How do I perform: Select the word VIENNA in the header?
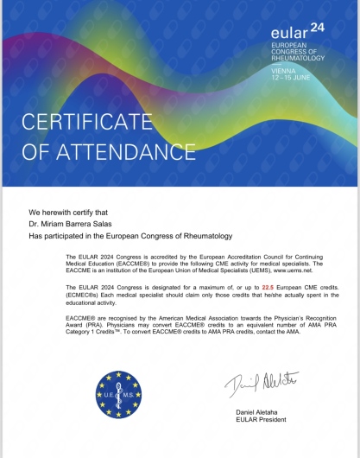pos(283,71)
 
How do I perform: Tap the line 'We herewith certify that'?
pos(66,212)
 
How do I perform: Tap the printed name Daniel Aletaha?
pos(259,413)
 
